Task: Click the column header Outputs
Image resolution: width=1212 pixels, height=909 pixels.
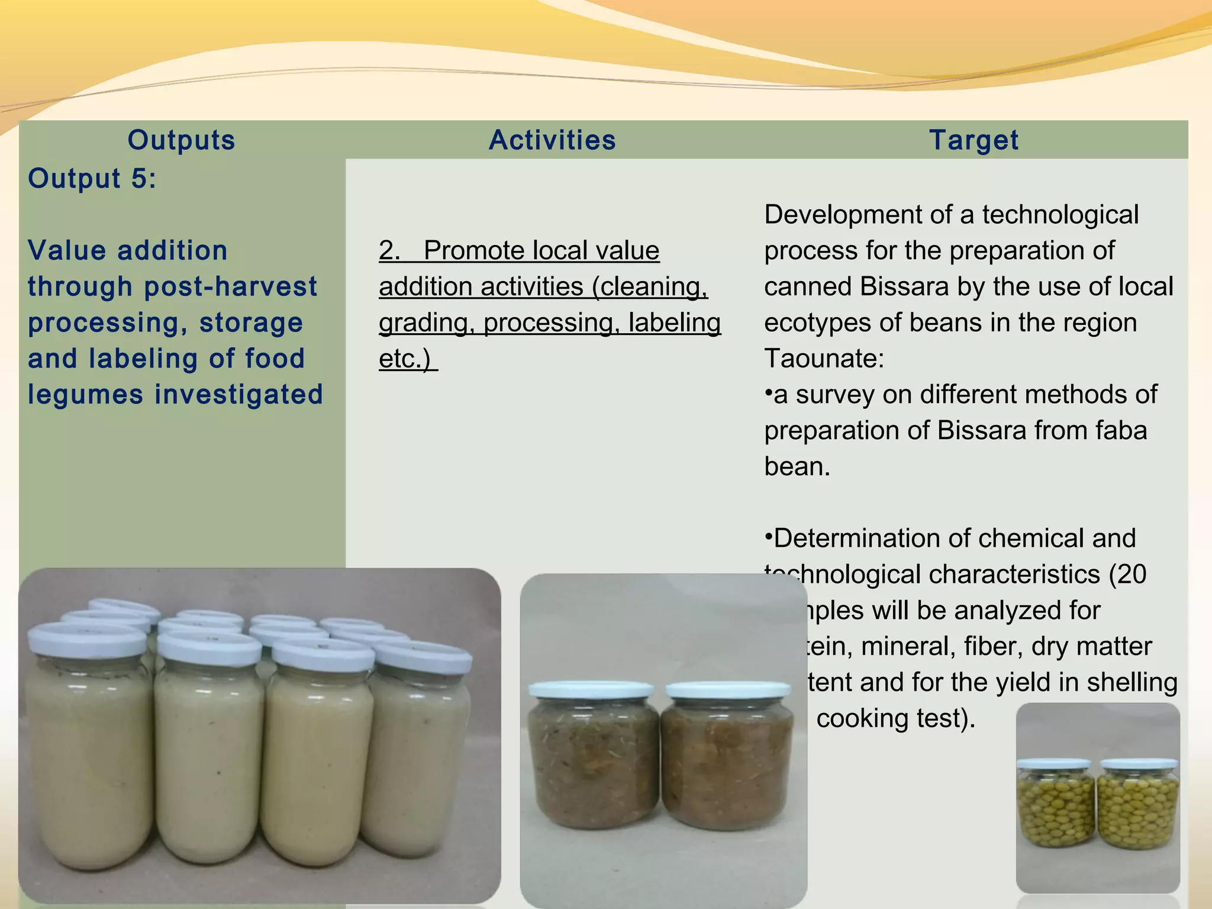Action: [181, 140]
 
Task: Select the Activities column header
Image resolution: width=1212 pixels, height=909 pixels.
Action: [552, 140]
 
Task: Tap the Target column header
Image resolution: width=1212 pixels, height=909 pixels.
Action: [974, 140]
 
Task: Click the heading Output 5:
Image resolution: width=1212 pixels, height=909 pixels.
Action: [92, 178]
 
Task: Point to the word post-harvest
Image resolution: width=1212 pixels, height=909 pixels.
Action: [231, 286]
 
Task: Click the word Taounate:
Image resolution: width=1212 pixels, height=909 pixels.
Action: [824, 359]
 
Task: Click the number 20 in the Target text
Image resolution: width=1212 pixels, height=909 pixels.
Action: [1130, 575]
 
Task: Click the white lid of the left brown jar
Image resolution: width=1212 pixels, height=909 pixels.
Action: [592, 690]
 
